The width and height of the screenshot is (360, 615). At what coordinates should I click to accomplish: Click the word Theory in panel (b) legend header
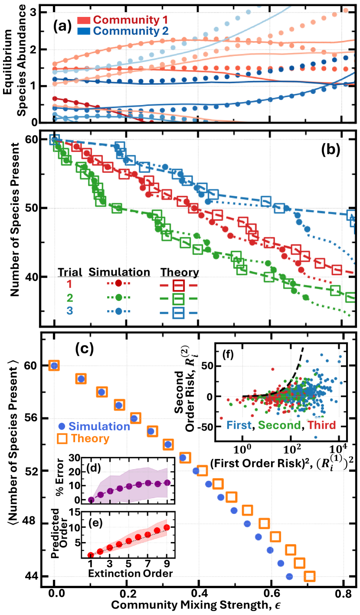click(x=180, y=272)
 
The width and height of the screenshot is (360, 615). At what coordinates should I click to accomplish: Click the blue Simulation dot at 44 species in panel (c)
click(x=289, y=576)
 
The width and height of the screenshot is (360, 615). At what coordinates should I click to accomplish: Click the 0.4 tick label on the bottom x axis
click(x=198, y=592)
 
